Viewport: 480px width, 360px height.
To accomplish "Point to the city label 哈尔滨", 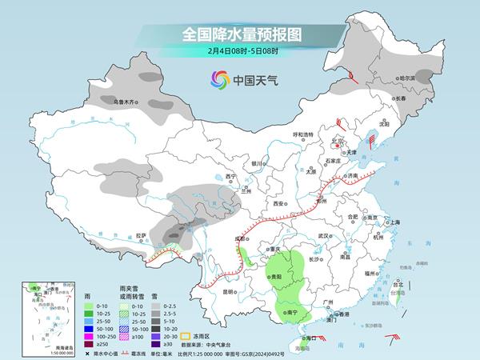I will tap(408, 78).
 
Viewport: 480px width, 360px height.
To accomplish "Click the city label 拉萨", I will tap(141, 235).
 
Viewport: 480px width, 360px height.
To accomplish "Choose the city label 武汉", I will tap(323, 236).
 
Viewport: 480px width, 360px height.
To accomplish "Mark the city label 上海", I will tap(395, 222).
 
